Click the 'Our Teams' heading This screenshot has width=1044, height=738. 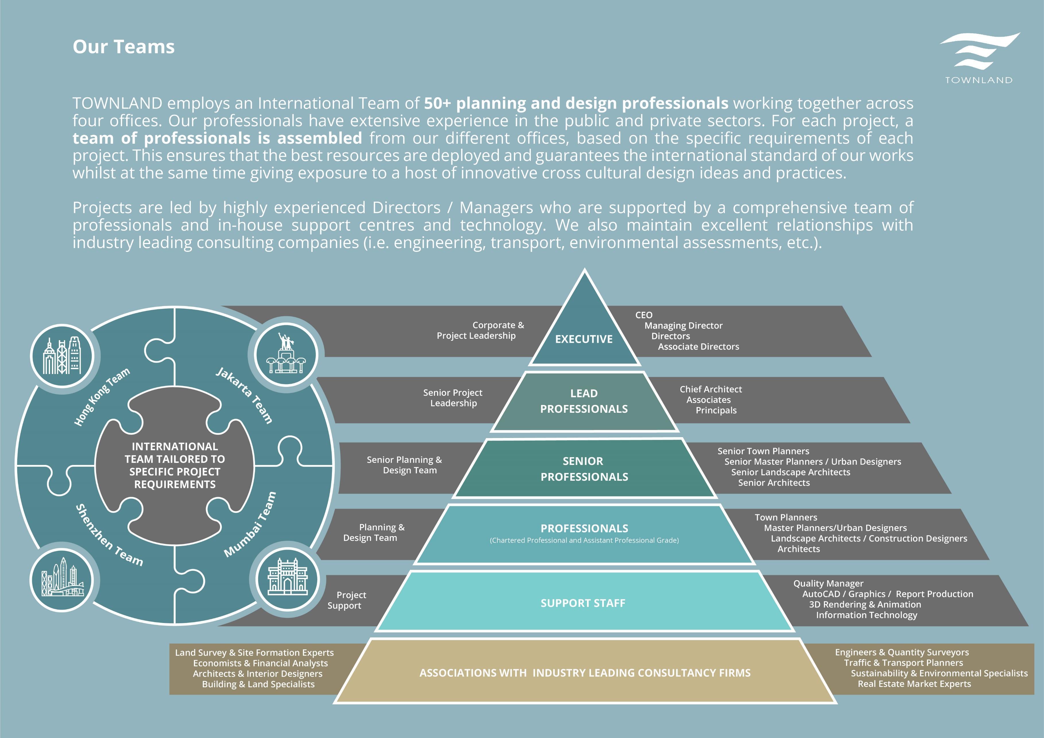(124, 47)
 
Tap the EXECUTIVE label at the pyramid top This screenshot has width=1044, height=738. (584, 339)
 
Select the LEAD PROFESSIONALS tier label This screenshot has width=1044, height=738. (584, 401)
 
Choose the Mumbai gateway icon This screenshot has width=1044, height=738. (287, 579)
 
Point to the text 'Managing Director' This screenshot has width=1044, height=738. (683, 326)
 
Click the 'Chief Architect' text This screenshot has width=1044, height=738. (711, 389)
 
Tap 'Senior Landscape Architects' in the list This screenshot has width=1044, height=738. (790, 472)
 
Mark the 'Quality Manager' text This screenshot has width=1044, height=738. (828, 583)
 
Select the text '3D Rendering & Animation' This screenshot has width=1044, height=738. (865, 604)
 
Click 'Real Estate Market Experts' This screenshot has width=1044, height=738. (914, 684)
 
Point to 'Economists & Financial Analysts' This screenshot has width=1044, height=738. (260, 663)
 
